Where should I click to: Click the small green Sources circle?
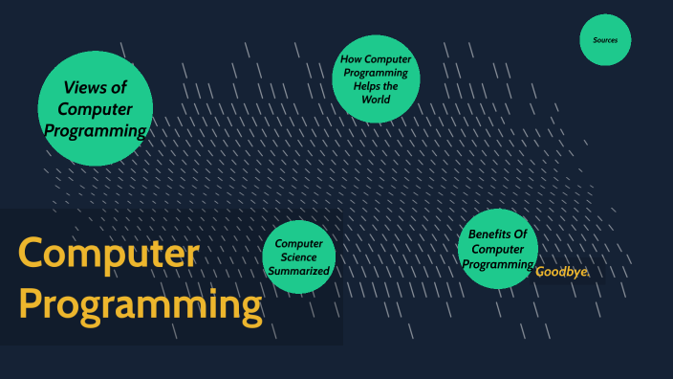point(605,40)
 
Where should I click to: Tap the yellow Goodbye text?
point(562,272)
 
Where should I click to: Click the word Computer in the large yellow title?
point(108,255)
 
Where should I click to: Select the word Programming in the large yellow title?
point(141,305)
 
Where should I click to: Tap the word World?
point(376,99)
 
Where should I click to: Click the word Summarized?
point(299,271)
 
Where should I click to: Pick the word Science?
point(299,257)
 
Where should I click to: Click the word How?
point(351,59)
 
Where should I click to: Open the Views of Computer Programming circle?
point(95,107)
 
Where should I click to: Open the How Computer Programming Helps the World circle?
point(376,78)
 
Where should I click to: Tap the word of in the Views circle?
point(119,88)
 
